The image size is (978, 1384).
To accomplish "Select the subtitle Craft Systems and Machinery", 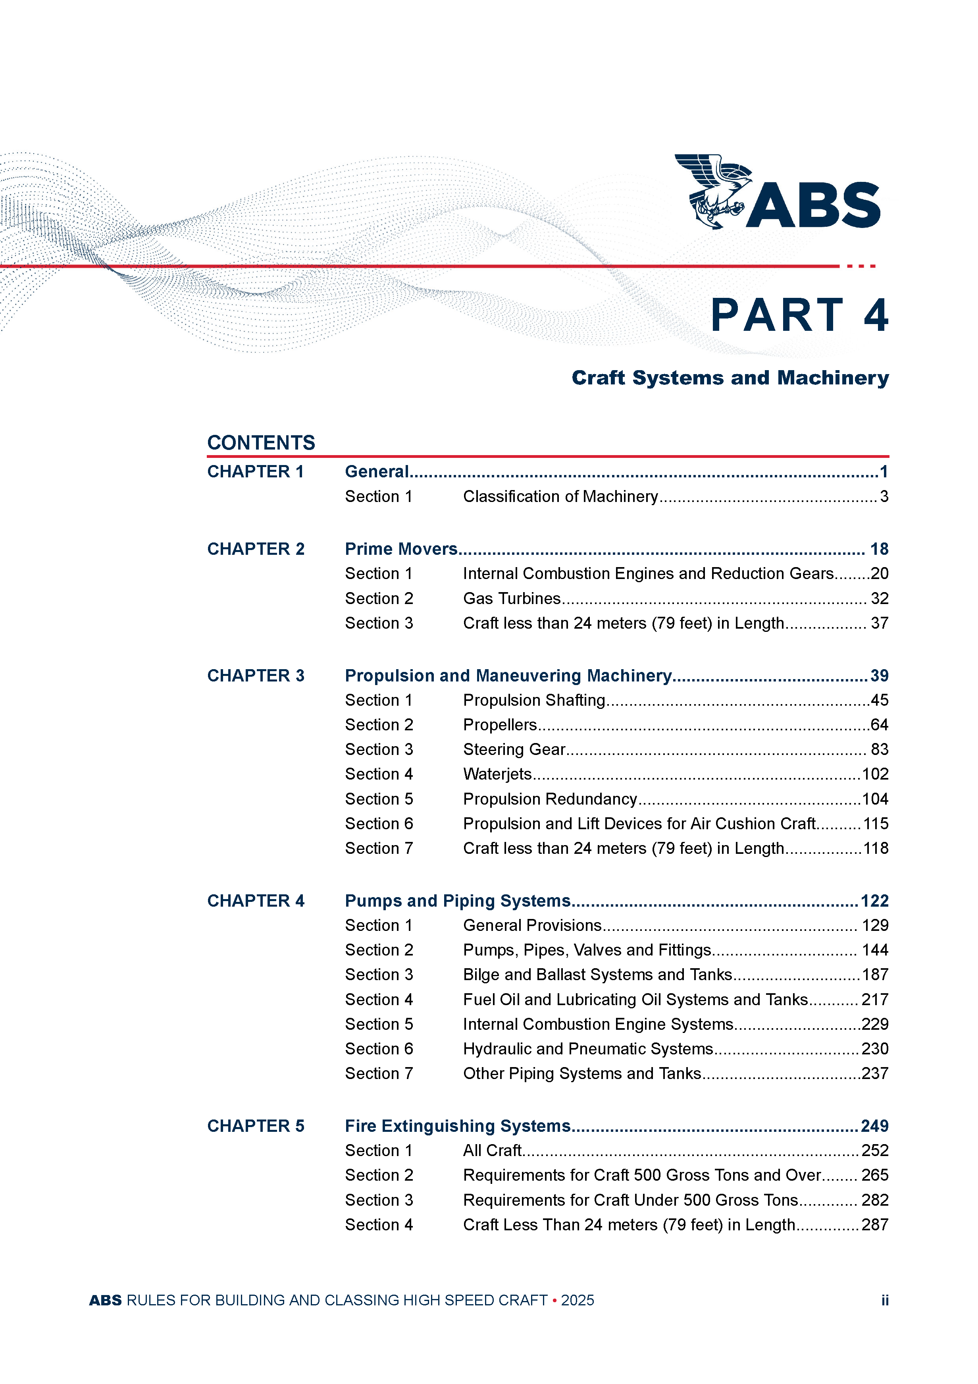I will point(730,378).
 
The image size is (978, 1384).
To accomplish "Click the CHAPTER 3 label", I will point(256,676).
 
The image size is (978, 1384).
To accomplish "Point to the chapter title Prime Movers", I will point(401,549).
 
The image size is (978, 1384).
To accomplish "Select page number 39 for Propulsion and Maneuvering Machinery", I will point(879,676).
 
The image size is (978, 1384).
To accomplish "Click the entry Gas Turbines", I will point(512,598).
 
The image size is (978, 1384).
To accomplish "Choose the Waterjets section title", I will point(497,774).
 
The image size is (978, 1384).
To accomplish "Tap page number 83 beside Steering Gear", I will point(879,749).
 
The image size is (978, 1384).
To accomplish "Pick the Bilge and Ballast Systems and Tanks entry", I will point(597,975).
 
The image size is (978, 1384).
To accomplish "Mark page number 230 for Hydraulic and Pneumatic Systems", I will point(874,1049).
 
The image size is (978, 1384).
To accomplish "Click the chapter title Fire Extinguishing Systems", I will point(457,1126).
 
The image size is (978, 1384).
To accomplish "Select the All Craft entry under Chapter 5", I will point(492,1151).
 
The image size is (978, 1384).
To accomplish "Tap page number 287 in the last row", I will point(874,1225).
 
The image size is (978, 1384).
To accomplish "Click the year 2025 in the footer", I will point(577,1300).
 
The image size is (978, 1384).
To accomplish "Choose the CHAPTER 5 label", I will point(256,1126).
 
